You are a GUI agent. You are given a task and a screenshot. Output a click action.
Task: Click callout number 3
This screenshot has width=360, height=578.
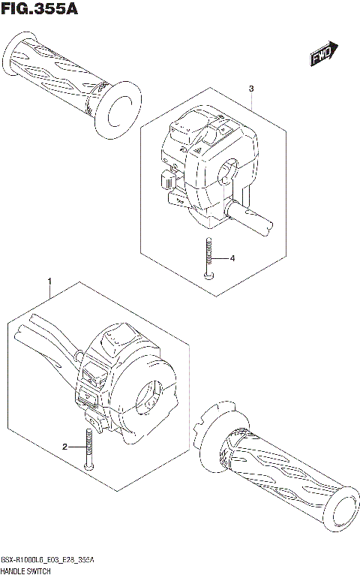pyautogui.click(x=251, y=89)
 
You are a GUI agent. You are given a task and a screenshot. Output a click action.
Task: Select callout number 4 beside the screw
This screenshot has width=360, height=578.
pyautogui.click(x=232, y=258)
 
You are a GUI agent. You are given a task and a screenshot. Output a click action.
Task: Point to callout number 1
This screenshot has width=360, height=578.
pyautogui.click(x=49, y=281)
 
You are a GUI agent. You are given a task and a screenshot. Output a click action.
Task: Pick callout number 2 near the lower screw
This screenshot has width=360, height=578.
pyautogui.click(x=65, y=447)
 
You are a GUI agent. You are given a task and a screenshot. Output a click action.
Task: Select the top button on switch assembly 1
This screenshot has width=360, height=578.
pyautogui.click(x=116, y=337)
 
